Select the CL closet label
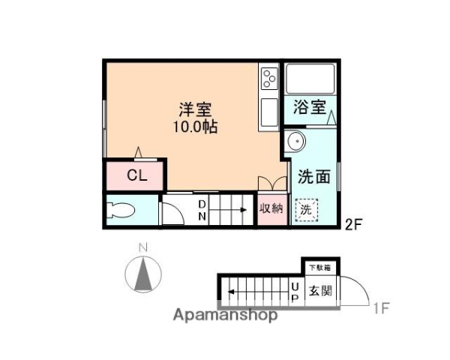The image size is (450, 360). (x=136, y=176)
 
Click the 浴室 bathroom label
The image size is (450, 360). (x=309, y=107)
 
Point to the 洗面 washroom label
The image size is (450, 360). (x=314, y=177)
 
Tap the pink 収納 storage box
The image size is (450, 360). (x=271, y=209)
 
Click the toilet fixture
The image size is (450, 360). (x=122, y=211)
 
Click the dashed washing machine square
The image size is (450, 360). (x=306, y=210)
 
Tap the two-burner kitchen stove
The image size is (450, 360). (x=268, y=78)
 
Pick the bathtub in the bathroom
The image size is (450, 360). (x=310, y=79)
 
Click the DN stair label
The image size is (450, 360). (x=202, y=210)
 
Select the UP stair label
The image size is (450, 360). (x=295, y=290)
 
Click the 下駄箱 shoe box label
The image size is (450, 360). (x=320, y=266)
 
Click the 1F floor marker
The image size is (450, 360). (x=381, y=307)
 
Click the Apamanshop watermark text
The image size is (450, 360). (x=225, y=315)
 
